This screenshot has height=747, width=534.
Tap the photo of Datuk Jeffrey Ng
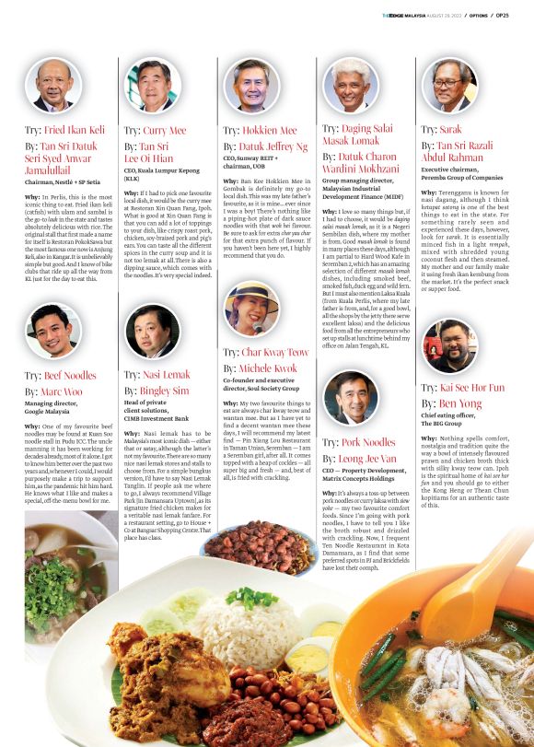pos(250,86)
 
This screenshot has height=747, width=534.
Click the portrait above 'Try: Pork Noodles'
pos(350,399)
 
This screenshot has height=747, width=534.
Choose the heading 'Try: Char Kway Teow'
pos(266,353)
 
